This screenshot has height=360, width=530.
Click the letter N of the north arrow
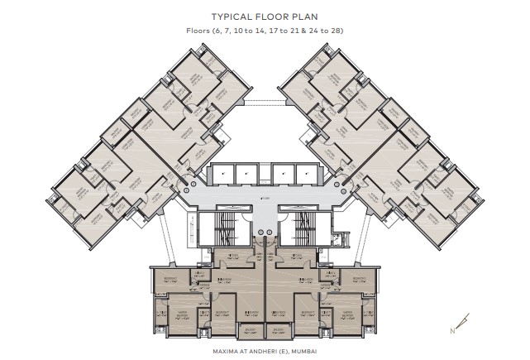pyautogui.click(x=451, y=330)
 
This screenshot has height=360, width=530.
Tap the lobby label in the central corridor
pyautogui.click(x=264, y=199)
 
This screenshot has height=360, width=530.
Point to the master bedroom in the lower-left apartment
pyautogui.click(x=183, y=314)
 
